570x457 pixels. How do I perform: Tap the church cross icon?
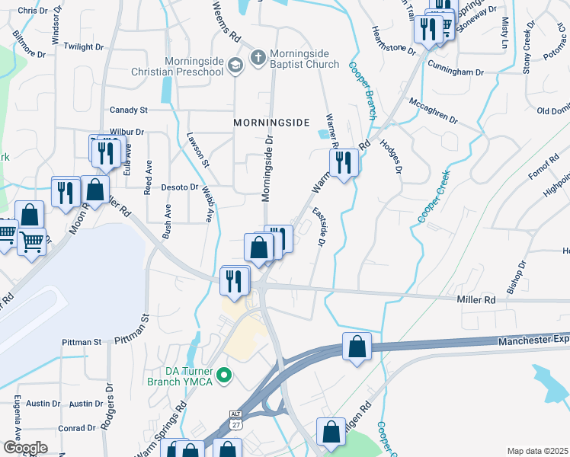click(258, 58)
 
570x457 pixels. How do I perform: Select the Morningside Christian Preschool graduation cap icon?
click(235, 64)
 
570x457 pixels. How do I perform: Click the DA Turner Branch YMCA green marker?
click(224, 374)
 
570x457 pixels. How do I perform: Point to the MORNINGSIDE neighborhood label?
click(271, 122)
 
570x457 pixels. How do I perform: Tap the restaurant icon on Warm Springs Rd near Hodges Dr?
click(344, 161)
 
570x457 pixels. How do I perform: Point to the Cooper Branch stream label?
click(363, 91)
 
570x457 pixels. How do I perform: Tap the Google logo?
click(24, 448)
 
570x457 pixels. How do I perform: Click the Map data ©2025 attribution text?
click(537, 451)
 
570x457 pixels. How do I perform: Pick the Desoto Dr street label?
click(180, 187)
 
